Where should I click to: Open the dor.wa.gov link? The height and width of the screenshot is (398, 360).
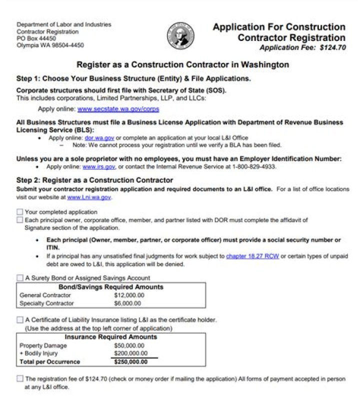[96, 137]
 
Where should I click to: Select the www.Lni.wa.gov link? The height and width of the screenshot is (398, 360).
[89, 197]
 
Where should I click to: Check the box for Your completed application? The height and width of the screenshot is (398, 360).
[20, 212]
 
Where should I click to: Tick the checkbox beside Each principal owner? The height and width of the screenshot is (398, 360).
[20, 220]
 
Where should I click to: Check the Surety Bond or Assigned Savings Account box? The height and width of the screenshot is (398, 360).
[20, 278]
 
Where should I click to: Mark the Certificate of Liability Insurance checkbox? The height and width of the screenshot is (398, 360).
[20, 320]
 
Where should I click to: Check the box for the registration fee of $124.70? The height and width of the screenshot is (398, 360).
[20, 379]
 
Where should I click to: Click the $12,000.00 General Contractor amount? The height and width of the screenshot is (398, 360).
[129, 295]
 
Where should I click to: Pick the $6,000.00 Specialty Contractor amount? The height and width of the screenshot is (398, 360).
[127, 303]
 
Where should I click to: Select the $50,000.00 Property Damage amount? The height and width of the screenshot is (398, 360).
[129, 346]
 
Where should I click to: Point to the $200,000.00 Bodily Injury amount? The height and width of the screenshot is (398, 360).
[130, 353]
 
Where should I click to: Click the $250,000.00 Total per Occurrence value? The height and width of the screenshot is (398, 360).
[130, 362]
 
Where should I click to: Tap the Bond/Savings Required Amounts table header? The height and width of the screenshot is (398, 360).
[110, 287]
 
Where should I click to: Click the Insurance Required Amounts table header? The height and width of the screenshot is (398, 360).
[111, 337]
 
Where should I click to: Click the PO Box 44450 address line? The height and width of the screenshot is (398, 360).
[36, 38]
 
